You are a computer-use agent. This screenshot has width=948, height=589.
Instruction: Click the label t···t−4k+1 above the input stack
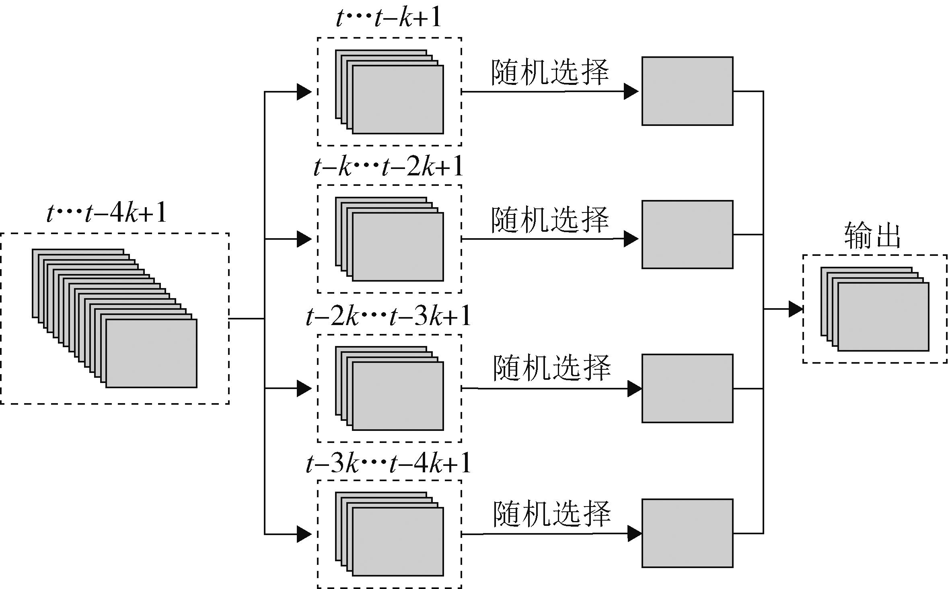(107, 214)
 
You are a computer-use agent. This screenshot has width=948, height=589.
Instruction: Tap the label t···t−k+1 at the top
(389, 18)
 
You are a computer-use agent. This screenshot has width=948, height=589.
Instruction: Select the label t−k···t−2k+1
(389, 167)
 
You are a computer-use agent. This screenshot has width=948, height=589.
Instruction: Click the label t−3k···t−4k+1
(389, 463)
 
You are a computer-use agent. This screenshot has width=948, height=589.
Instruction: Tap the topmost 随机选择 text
(550, 73)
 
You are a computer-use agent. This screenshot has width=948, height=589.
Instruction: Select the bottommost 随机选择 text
(552, 514)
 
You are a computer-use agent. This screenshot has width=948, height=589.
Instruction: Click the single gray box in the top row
(687, 91)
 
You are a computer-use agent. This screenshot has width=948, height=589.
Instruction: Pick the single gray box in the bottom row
(687, 533)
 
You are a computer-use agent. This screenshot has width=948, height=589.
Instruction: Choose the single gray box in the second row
(687, 235)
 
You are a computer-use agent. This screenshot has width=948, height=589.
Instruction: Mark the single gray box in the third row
(687, 389)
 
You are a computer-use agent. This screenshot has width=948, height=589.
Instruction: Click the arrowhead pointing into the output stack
(796, 309)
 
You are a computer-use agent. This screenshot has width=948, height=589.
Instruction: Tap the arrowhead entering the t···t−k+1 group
(304, 92)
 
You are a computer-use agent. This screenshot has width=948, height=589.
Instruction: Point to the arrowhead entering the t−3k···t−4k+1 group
(304, 534)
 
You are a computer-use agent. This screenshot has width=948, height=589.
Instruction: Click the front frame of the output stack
(883, 317)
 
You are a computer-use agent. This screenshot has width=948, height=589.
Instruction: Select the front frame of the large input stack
(151, 354)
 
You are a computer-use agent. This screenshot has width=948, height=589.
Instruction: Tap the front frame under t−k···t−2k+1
(398, 247)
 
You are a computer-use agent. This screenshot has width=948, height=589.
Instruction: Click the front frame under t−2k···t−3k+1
(398, 396)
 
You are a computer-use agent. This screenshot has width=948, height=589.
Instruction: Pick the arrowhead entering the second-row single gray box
(631, 239)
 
